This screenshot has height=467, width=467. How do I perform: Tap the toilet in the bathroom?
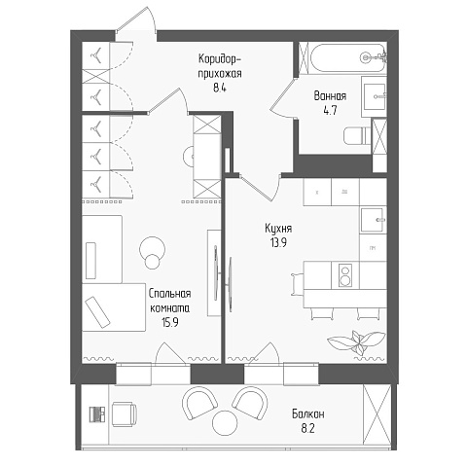click(357, 136)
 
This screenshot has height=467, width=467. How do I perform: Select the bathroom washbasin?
click(374, 96)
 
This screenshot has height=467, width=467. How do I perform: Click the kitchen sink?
click(374, 220)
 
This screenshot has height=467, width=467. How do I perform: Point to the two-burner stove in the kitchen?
click(345, 275)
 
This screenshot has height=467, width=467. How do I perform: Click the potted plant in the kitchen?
click(356, 342)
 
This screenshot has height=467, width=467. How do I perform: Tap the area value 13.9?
click(278, 242)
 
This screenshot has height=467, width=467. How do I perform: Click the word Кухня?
click(278, 229)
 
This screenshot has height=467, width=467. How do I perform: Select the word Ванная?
click(330, 96)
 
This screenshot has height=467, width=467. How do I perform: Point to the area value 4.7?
click(330, 110)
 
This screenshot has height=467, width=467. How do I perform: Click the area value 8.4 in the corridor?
click(220, 88)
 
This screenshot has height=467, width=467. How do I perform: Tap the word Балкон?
click(307, 414)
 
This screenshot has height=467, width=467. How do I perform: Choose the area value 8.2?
click(307, 429)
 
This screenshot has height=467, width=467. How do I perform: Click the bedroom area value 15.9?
click(170, 322)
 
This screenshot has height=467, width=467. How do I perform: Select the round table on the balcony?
click(225, 421)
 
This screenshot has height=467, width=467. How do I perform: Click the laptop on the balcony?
click(97, 414)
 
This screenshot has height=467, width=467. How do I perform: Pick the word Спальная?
click(169, 294)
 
